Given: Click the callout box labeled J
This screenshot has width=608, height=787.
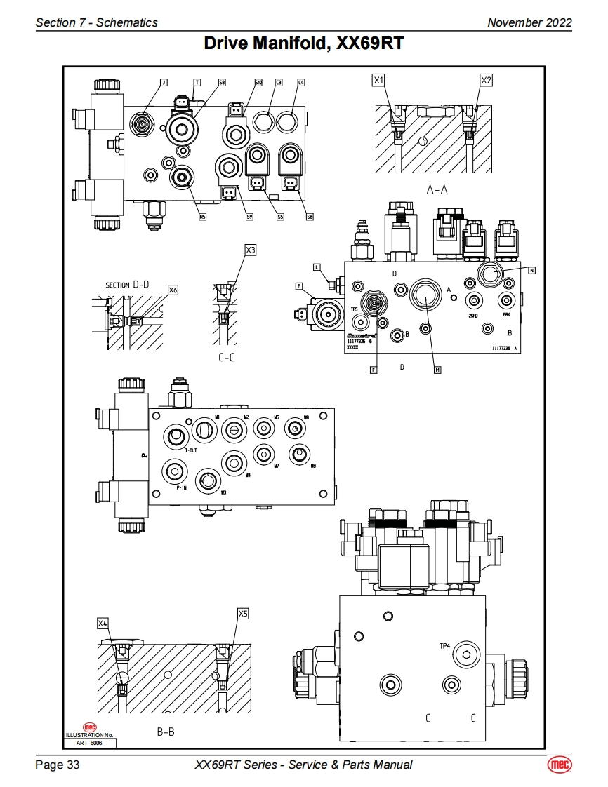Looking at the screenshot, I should tap(164, 82).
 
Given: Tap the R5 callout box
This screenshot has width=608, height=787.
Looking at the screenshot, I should tap(202, 217).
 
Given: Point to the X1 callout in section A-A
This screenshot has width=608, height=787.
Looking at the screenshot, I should tap(379, 81).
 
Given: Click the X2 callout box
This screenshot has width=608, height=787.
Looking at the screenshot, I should tap(486, 81).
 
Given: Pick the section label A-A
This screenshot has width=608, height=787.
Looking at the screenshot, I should tap(437, 189).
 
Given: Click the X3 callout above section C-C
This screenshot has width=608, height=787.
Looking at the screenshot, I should tap(251, 250).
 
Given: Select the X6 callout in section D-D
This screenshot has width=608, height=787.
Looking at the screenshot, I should tap(173, 290).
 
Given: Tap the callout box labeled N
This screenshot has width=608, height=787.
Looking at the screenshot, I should tap(532, 270).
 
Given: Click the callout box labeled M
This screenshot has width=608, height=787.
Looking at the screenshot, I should tap(437, 370).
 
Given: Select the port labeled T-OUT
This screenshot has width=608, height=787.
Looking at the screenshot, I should tap(174, 437).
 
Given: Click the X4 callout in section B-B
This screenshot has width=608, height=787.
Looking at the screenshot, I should tap(103, 623).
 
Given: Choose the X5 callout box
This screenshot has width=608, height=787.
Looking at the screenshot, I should tap(243, 614).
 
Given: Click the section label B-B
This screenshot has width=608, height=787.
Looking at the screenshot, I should tap(166, 732).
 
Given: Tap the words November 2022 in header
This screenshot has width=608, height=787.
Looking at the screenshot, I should tap(529, 22).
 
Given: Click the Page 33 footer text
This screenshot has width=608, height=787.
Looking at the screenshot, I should tap(58, 765).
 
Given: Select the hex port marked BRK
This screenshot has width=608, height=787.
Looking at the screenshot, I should tap(505, 300).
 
